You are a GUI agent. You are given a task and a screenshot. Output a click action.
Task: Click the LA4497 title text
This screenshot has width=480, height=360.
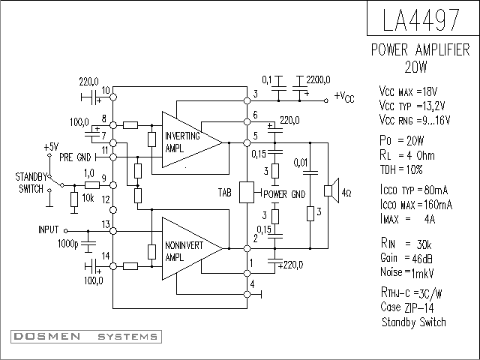pyautogui.click(x=421, y=20)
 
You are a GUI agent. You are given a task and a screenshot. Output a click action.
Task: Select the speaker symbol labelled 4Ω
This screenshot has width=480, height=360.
pyautogui.click(x=331, y=190)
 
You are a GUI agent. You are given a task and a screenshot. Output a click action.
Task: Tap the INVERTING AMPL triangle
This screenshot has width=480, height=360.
pyautogui.click(x=192, y=139)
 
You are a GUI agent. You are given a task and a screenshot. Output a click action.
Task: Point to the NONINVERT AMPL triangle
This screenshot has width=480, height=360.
pyautogui.click(x=192, y=248)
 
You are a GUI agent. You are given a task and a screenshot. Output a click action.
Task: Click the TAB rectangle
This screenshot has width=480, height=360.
pyautogui.click(x=247, y=192)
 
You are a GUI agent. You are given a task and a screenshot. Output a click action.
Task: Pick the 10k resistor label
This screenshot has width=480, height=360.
pyautogui.click(x=88, y=198)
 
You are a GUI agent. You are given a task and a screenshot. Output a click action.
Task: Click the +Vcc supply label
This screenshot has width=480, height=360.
pyautogui.click(x=344, y=97)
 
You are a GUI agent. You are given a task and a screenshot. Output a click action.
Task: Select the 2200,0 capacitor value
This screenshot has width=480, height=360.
pyautogui.click(x=318, y=80)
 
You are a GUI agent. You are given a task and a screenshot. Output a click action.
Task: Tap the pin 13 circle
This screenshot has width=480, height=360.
pyautogui.click(x=113, y=231)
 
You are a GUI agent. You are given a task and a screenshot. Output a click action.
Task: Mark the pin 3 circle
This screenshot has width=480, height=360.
pyautogui.click(x=247, y=100)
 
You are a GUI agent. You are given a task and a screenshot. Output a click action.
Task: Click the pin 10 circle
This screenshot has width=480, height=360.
pyautogui.click(x=113, y=97)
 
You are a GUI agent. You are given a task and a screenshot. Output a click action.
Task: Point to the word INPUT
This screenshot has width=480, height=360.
pyautogui.click(x=48, y=229)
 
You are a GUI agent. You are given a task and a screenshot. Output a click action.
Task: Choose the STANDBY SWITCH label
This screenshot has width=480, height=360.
pyautogui.click(x=31, y=183)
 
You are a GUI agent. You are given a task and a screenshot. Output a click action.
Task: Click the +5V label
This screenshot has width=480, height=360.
pyautogui.click(x=51, y=147)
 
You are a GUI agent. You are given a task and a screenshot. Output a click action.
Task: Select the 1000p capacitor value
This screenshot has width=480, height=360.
pyautogui.click(x=68, y=244)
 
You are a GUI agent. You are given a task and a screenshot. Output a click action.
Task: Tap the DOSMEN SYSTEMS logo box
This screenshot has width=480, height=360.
pyautogui.click(x=86, y=337)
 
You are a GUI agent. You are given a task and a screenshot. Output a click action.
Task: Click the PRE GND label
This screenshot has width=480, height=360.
pyautogui.click(x=75, y=157)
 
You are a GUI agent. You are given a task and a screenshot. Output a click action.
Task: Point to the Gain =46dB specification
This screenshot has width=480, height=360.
pyautogui.click(x=406, y=258)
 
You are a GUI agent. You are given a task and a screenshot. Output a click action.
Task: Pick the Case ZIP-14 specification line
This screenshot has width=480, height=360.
pyautogui.click(x=407, y=307)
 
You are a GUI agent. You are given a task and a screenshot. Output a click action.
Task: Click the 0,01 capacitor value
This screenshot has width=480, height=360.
pyautogui.click(x=301, y=163)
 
